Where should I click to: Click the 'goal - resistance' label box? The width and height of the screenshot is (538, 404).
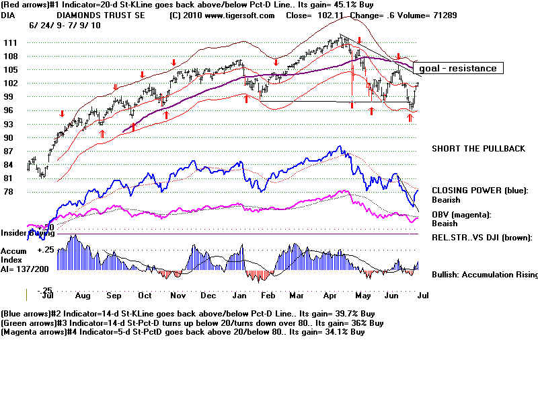tap(457, 68)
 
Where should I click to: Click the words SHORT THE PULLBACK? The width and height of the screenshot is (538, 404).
tap(478, 149)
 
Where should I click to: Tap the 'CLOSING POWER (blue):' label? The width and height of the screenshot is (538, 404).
tap(479, 191)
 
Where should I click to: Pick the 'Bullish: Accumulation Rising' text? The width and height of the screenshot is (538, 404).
tap(484, 275)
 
